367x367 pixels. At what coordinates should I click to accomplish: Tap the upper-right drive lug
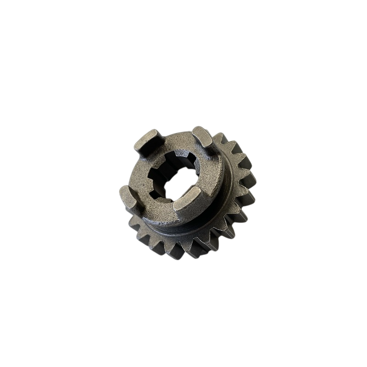(x=202, y=136)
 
